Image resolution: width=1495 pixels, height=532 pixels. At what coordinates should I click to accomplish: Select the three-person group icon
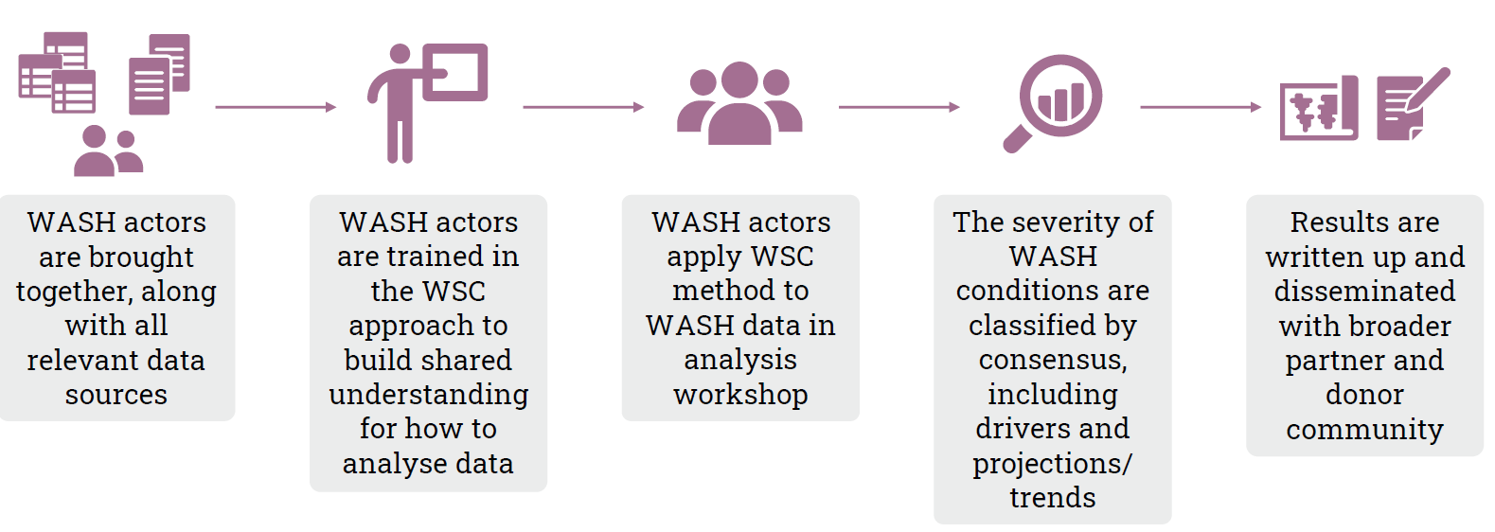(739, 103)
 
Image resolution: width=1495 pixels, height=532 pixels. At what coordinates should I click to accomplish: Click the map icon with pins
(1319, 108)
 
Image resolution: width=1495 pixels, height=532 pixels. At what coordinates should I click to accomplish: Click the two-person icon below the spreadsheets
(108, 151)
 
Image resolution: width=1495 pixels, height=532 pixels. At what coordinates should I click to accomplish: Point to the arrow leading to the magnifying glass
(899, 107)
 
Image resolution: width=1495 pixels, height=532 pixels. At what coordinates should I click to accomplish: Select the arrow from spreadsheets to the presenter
(276, 107)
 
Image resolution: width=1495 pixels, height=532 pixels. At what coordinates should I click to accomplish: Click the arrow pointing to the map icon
(1201, 107)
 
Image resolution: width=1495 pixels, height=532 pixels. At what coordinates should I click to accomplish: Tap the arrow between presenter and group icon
(583, 107)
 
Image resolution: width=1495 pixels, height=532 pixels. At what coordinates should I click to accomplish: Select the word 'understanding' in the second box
(429, 395)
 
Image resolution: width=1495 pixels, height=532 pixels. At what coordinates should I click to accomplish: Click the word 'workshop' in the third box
(740, 395)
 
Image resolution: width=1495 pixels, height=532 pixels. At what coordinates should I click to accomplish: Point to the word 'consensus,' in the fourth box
(1053, 361)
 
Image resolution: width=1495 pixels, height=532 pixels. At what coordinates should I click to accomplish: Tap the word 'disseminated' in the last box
(1364, 292)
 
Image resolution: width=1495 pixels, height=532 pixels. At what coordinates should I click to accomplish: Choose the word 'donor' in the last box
(1364, 395)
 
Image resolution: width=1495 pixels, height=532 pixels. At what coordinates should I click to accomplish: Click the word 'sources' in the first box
(116, 395)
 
